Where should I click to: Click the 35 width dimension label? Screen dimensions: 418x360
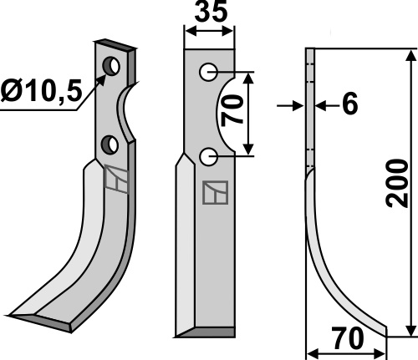coord(211,13)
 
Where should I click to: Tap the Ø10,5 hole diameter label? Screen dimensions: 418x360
coord(41,90)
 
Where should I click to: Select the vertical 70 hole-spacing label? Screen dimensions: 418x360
coord(232,110)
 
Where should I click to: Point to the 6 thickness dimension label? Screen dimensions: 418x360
coord(349,104)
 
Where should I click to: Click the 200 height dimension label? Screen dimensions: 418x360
coord(397,183)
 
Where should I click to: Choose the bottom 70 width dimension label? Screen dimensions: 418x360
coord(349,338)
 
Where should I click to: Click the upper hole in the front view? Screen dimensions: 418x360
coord(208,72)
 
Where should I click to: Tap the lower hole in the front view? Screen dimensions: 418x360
coord(208,157)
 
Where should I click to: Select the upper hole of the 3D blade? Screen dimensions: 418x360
coord(111,66)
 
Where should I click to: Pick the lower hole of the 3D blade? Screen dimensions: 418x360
coord(110,145)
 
